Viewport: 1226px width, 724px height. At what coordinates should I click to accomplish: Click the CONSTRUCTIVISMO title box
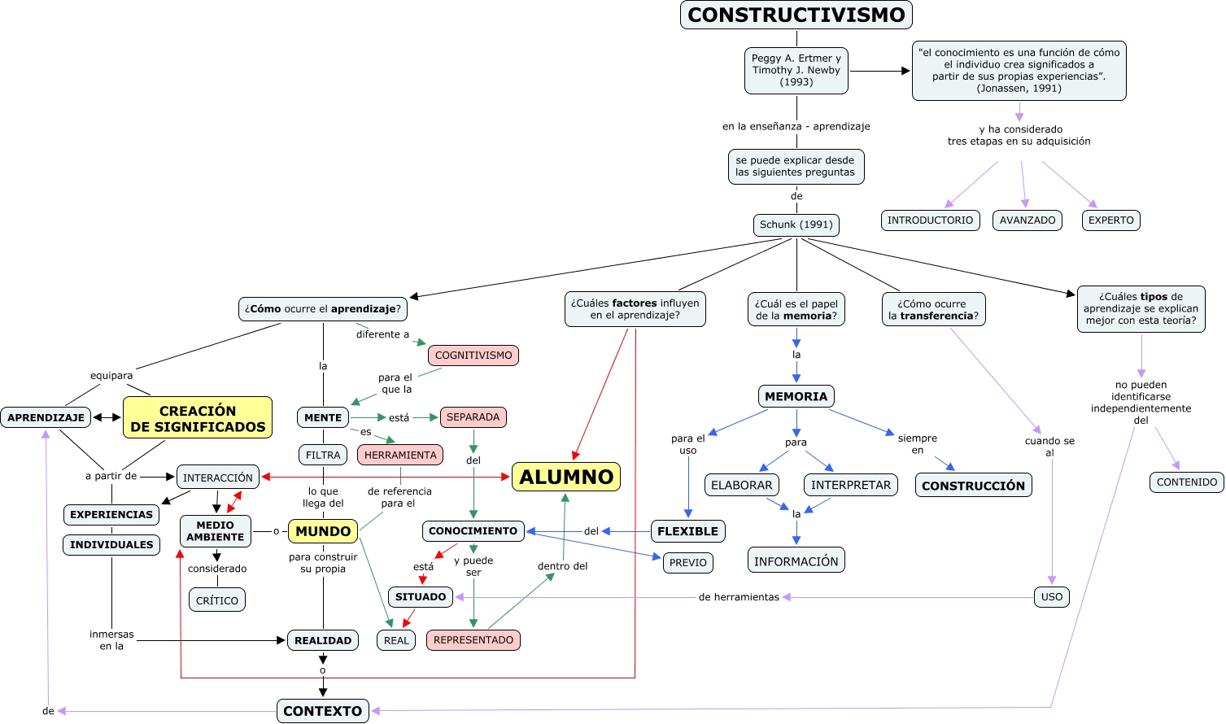pos(796,15)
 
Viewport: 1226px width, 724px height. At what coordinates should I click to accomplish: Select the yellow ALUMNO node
pos(566,477)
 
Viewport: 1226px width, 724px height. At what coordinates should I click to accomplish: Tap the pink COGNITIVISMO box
pos(473,355)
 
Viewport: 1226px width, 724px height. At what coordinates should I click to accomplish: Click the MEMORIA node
pos(796,396)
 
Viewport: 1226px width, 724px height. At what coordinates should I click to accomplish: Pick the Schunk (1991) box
pos(796,225)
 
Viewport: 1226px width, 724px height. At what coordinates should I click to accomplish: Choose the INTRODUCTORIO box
pos(930,220)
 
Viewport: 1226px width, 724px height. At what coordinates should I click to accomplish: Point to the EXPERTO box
pos(1110,220)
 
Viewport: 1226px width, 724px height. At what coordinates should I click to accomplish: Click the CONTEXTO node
pos(323,711)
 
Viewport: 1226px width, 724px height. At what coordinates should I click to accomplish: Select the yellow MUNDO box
pos(323,531)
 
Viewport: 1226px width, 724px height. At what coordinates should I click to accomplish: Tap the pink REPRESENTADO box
pos(473,640)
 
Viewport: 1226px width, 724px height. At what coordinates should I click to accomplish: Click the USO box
pos(1052,597)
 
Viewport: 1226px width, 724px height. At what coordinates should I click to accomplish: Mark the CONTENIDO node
pos(1187,482)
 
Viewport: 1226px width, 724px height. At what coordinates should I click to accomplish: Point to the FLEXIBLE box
pos(687,531)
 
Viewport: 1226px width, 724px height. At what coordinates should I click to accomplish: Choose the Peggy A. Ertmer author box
pos(796,71)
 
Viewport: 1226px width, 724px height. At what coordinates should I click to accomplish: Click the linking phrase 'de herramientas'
pos(739,597)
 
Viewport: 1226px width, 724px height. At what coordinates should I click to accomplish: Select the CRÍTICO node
pos(217,600)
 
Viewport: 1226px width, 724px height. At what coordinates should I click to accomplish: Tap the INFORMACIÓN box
pos(796,561)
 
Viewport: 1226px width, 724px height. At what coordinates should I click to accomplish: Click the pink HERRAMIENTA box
pos(400,456)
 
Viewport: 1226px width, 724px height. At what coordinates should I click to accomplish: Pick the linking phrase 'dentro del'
pos(562,566)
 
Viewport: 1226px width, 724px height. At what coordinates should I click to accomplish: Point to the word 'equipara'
pos(111,376)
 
